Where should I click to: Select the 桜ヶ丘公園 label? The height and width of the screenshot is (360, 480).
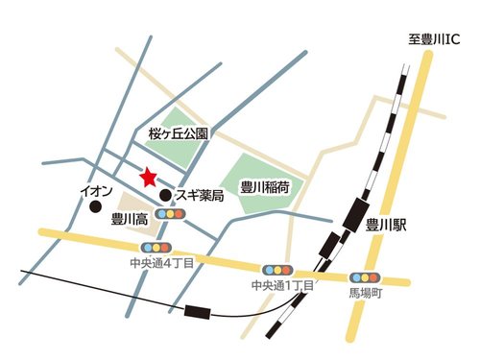point(179,135)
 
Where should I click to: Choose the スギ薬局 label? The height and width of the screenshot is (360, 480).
point(200,196)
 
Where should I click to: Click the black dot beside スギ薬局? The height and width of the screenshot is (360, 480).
point(165,196)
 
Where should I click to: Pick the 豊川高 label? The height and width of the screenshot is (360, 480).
point(129,217)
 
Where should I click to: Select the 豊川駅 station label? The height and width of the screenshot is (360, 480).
point(388,225)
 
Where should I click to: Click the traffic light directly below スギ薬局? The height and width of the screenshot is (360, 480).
point(172,214)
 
